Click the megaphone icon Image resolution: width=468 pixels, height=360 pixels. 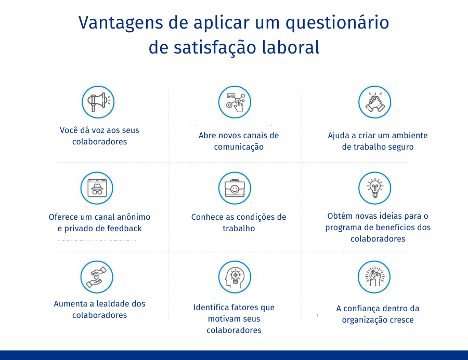pos(98,102)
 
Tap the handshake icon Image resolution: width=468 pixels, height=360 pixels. pos(374,102)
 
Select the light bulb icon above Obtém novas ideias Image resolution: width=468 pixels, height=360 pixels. pos(374,188)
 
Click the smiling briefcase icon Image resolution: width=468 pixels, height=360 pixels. pos(235,188)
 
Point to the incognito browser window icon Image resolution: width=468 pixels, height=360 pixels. pos(97,188)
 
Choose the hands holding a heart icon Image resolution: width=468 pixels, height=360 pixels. pos(97,277)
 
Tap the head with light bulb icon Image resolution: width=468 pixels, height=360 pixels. pos(235,277)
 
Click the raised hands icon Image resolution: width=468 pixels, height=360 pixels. pos(374,277)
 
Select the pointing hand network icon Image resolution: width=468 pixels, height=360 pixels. pos(235,102)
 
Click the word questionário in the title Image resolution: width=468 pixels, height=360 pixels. pos(337,23)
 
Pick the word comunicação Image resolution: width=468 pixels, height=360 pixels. pos(239,147)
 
